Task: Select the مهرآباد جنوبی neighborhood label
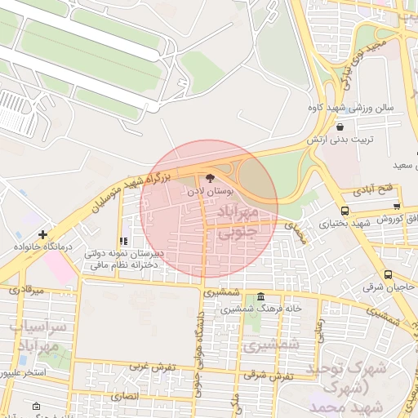pyautogui.click(x=237, y=222)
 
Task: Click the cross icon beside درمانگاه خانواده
pyautogui.click(x=42, y=235)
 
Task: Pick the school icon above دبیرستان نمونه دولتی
pyautogui.click(x=123, y=242)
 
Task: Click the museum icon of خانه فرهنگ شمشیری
pyautogui.click(x=260, y=297)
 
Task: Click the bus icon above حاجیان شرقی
pyautogui.click(x=388, y=275)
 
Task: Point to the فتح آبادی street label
pyautogui.click(x=373, y=190)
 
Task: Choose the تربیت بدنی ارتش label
pyautogui.click(x=340, y=140)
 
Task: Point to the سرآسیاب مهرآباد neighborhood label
pyautogui.click(x=36, y=336)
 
